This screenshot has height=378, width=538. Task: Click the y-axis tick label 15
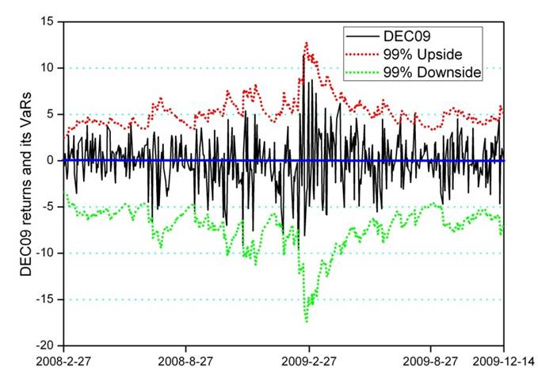coord(48,21)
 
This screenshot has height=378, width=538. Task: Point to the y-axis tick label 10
coord(48,68)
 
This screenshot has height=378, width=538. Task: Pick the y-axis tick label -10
coord(45,253)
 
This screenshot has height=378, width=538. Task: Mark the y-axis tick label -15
coord(45,300)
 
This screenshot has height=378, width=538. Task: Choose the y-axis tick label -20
coord(45,346)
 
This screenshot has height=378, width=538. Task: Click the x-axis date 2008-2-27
coord(64,361)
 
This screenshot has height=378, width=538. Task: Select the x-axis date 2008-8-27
coord(186,361)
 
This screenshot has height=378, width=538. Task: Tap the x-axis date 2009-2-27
coord(309,361)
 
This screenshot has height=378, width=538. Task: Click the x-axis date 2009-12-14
coord(504,361)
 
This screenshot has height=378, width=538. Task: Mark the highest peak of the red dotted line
coord(306,43)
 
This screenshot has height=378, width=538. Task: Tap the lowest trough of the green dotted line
coord(307,321)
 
